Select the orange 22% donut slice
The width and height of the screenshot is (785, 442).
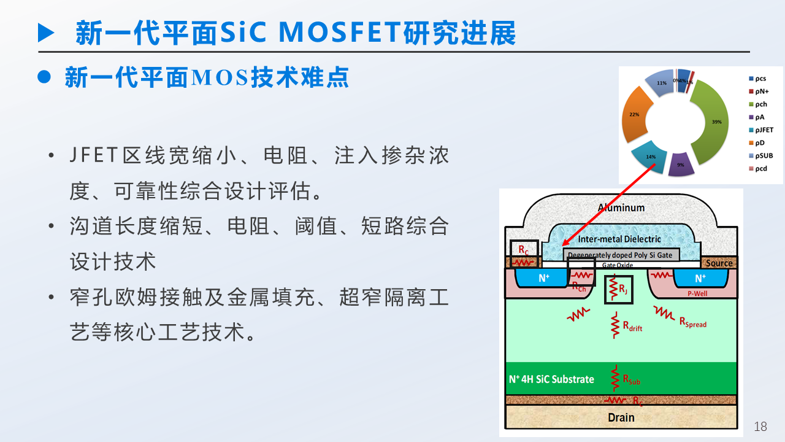pyautogui.click(x=635, y=117)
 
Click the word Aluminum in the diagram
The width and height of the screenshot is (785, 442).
pyautogui.click(x=621, y=207)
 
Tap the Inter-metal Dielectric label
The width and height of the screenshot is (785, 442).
pyautogui.click(x=619, y=239)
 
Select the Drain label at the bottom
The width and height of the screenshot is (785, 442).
pyautogui.click(x=621, y=417)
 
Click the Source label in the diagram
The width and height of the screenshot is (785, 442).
pyautogui.click(x=719, y=263)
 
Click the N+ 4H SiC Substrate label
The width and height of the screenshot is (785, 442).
pyautogui.click(x=551, y=379)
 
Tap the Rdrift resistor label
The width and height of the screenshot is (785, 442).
pyautogui.click(x=632, y=327)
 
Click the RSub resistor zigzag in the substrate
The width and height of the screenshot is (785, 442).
pyautogui.click(x=615, y=378)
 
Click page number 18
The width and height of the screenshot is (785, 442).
pyautogui.click(x=760, y=427)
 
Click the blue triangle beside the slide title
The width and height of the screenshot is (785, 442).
pyautogui.click(x=47, y=33)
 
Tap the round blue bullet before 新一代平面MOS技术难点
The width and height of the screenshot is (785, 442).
pyautogui.click(x=44, y=77)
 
